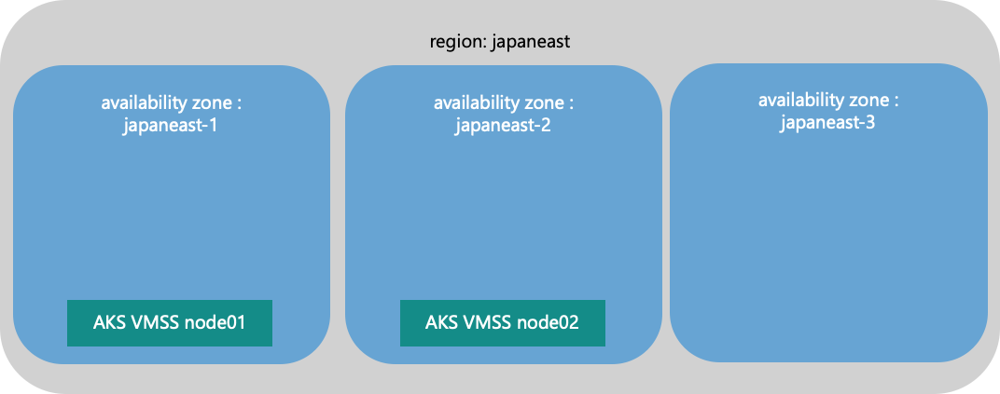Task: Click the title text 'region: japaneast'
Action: (499, 42)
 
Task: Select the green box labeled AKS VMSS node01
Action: (169, 323)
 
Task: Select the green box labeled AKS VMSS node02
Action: (503, 323)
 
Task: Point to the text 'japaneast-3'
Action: (827, 122)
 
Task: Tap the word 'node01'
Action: (216, 323)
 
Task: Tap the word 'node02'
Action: (550, 323)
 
